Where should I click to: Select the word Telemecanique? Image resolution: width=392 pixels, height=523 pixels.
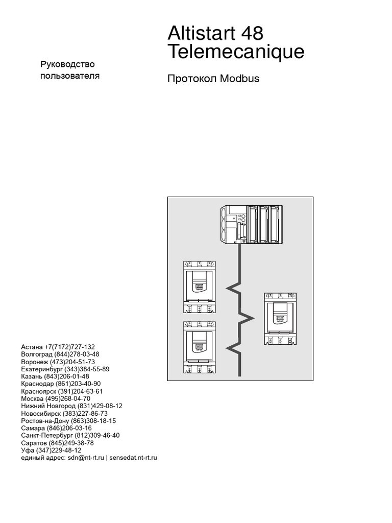tap(236, 52)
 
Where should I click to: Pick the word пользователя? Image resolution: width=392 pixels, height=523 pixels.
tap(70, 76)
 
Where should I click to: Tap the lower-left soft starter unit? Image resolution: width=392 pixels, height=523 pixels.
tap(200, 347)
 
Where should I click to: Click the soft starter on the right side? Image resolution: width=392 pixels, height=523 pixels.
tap(280, 319)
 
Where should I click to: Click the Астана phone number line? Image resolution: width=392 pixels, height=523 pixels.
tap(58, 346)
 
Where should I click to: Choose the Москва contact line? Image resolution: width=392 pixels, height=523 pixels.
tap(56, 398)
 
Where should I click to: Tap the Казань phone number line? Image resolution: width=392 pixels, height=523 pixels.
tap(55, 376)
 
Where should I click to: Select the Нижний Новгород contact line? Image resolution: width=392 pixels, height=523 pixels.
tap(72, 406)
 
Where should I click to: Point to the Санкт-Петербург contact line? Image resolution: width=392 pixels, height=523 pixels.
tap(70, 435)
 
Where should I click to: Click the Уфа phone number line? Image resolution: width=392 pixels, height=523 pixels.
tap(51, 450)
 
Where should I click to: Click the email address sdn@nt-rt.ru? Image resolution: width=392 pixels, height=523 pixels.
tap(85, 458)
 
